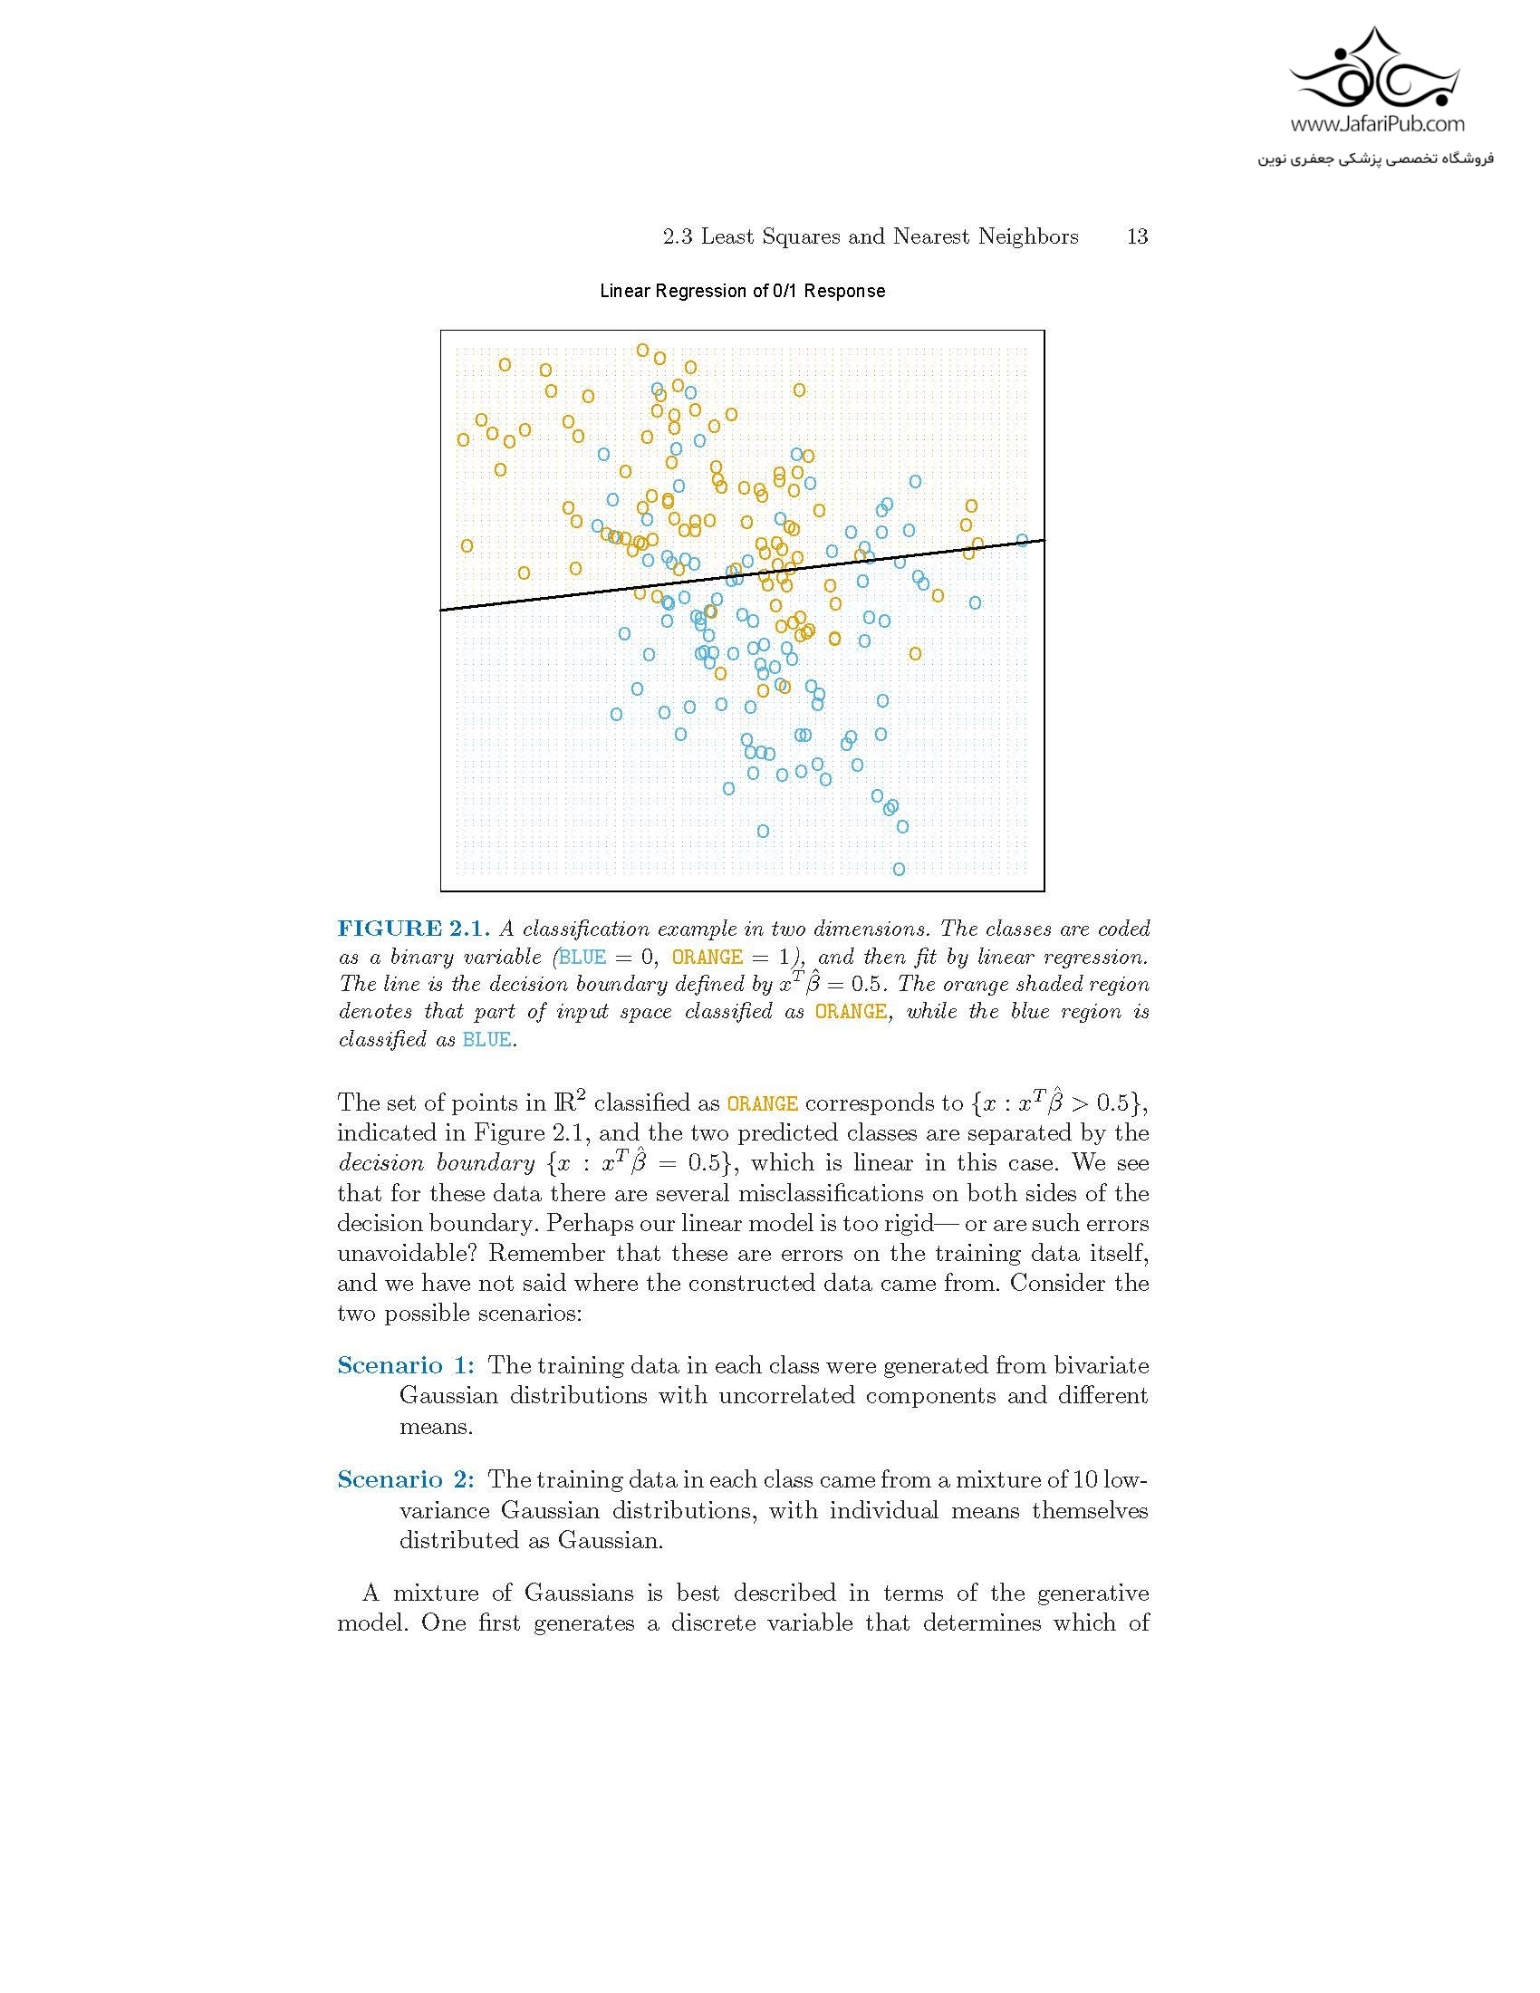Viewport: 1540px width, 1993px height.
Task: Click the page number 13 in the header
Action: (x=1137, y=237)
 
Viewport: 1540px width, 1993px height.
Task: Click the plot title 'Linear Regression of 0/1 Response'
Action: (x=742, y=291)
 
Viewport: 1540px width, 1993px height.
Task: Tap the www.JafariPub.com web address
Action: (x=1377, y=124)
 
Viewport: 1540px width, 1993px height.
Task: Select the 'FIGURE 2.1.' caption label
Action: (x=413, y=929)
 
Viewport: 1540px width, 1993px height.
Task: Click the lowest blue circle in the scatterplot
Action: (x=899, y=869)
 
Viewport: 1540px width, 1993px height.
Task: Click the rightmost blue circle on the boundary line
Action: (x=1022, y=540)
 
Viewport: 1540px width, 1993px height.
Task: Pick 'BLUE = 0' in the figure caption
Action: (x=608, y=958)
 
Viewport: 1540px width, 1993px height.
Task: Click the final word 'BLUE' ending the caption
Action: (x=486, y=1039)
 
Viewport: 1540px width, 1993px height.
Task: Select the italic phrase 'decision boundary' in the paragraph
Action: (x=435, y=1163)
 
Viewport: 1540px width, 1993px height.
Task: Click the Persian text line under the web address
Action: (x=1375, y=159)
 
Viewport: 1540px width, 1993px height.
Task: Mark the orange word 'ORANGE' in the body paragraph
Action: (x=762, y=1103)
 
